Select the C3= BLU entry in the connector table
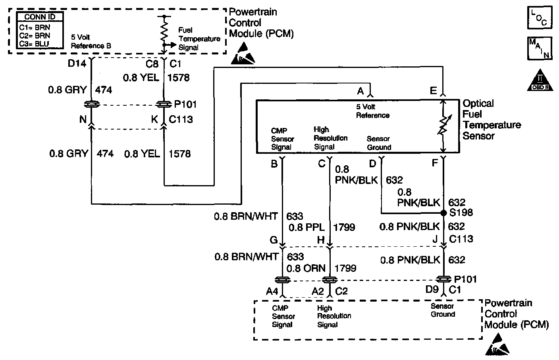(x=35, y=44)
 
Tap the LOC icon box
(x=539, y=18)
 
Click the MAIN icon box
(x=539, y=48)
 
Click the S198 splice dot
(x=444, y=213)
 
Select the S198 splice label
(x=461, y=213)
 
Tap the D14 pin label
(x=77, y=64)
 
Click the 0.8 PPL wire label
(x=307, y=227)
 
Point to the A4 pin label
(x=272, y=291)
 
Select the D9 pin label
(x=432, y=290)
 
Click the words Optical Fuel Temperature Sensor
(x=492, y=120)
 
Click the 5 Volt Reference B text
(x=91, y=41)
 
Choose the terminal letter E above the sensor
(x=433, y=91)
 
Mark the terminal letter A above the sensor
(x=360, y=91)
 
